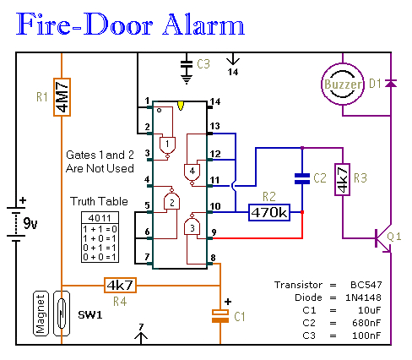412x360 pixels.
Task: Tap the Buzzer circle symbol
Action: pos(342,85)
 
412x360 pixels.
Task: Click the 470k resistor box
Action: pos(268,212)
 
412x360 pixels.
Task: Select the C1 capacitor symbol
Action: pos(220,315)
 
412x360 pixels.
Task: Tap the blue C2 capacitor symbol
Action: pos(301,178)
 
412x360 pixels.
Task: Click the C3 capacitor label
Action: pos(203,64)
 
